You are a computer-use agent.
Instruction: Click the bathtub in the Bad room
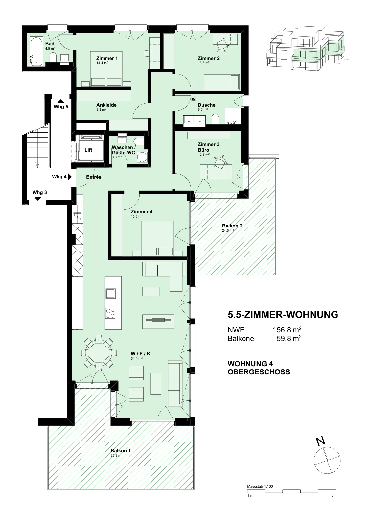(x=36, y=52)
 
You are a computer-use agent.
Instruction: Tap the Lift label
(x=88, y=150)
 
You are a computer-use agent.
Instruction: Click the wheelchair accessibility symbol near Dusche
(x=193, y=98)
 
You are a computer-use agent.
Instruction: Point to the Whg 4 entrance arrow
(x=69, y=177)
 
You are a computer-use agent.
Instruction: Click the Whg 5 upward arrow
(x=61, y=101)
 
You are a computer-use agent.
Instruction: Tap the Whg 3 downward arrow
(x=38, y=199)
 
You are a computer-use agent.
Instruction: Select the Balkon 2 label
(x=232, y=226)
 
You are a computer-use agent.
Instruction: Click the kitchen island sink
(x=110, y=293)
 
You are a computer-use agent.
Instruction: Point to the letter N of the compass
(x=320, y=441)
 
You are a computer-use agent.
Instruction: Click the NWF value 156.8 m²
(x=287, y=330)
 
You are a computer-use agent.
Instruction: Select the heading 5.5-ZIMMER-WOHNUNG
(x=283, y=314)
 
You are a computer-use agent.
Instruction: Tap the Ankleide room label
(x=106, y=105)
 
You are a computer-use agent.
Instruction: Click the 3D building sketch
(x=305, y=49)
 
